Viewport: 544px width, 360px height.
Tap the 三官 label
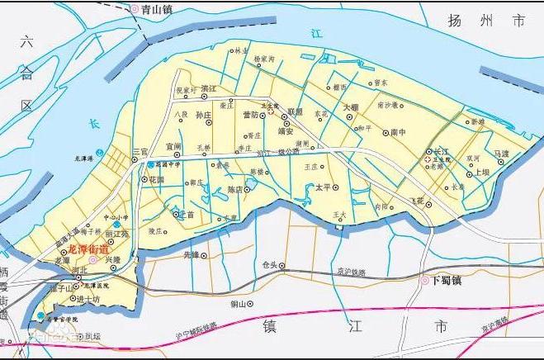coord(140,152)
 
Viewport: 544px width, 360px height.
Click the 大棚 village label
coord(350,107)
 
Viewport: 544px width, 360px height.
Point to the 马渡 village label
coord(502,154)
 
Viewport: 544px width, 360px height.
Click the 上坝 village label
coord(482,173)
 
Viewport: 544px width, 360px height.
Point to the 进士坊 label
coord(88,299)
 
